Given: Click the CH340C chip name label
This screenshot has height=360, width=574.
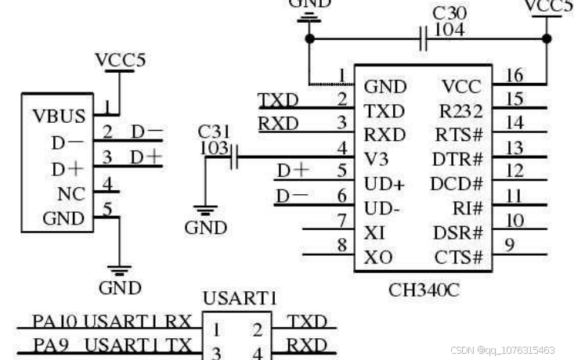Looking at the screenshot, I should point(424,290).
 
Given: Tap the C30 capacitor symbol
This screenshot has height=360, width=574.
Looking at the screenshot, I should point(424,38).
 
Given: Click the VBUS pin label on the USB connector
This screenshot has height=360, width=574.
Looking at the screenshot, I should point(59,117).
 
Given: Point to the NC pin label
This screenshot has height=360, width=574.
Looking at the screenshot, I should point(71,193).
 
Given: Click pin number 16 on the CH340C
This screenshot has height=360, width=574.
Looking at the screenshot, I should point(514,75).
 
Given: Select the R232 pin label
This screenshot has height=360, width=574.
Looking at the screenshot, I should point(462,110).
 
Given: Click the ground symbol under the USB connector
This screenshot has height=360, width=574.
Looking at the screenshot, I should point(119,272).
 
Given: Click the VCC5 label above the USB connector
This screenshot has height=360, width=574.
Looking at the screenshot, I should point(120,60).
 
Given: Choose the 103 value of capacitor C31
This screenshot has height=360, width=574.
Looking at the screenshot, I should point(214,147).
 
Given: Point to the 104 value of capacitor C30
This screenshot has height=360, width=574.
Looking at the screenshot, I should point(449,30).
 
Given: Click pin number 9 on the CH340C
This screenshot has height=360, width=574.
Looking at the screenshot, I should point(509,246).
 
